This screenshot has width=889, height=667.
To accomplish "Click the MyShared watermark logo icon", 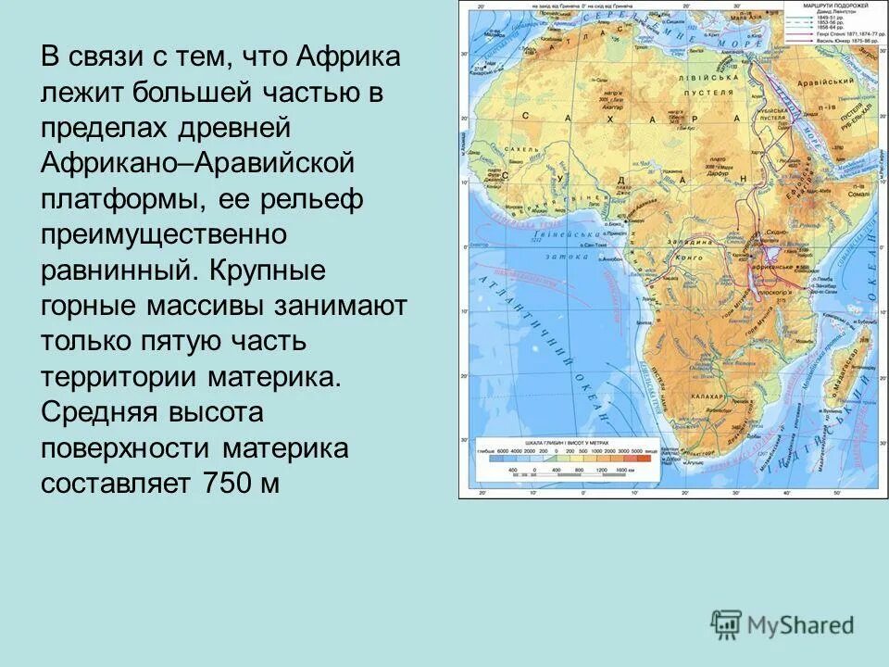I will [x=727, y=625].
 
